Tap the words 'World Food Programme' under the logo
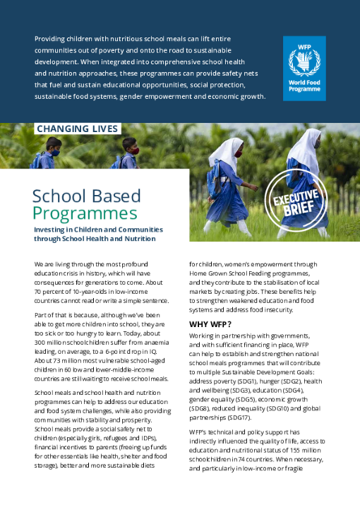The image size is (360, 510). point(303,87)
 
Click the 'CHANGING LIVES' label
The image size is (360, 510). point(78,129)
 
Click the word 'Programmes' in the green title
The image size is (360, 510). point(84,214)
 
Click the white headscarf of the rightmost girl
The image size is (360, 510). point(306,144)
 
